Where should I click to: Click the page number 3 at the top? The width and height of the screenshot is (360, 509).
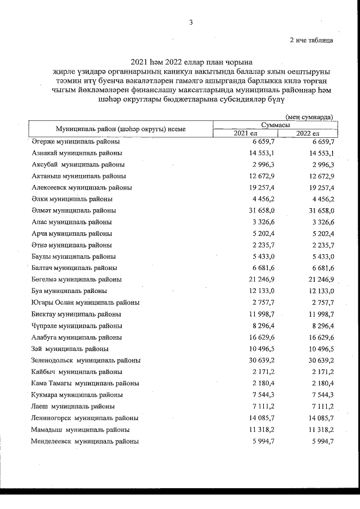191,22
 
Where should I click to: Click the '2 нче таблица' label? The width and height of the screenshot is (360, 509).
311,40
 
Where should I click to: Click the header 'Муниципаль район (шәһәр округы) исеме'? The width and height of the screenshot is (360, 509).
120,129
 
